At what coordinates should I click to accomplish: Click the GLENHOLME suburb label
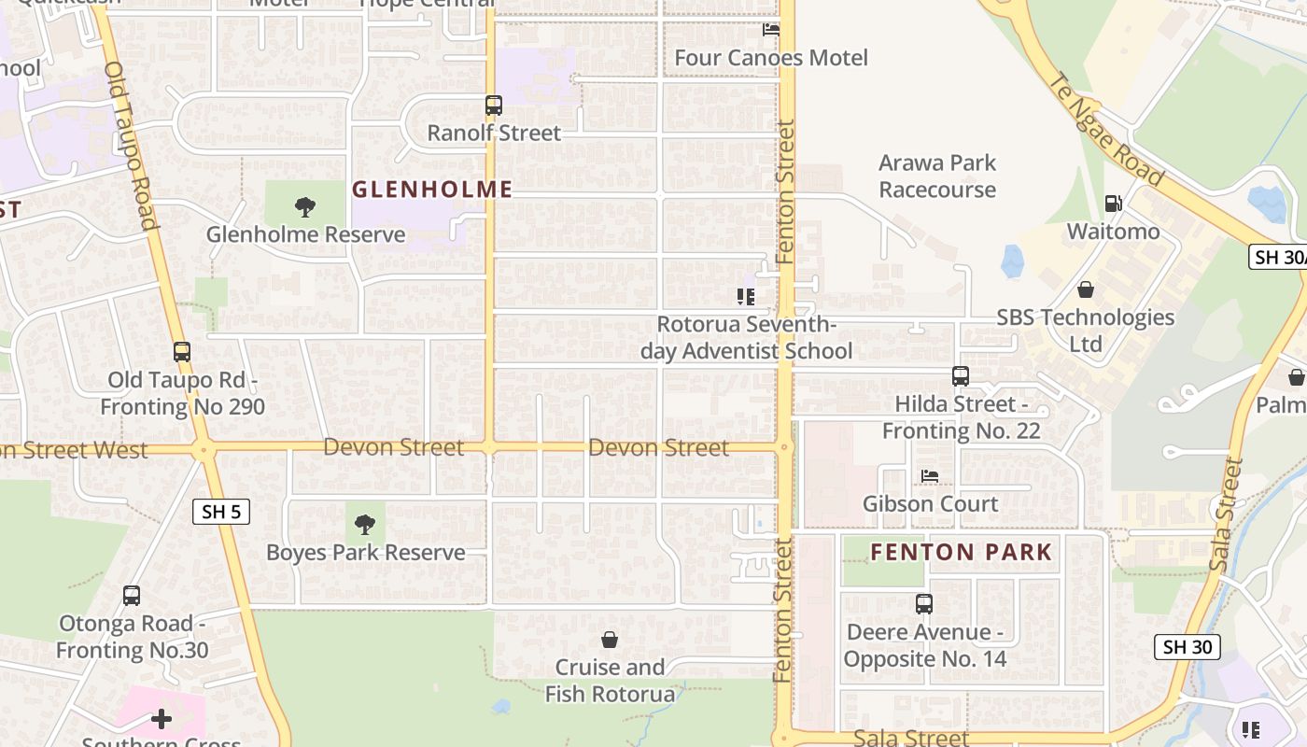coord(432,190)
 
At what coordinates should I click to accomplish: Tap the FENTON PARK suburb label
coord(962,552)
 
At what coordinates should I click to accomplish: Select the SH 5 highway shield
coord(221,512)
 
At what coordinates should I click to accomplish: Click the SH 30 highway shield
coord(1187,646)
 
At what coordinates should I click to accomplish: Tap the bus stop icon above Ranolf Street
coord(494,106)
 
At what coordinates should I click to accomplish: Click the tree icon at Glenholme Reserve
coord(304,206)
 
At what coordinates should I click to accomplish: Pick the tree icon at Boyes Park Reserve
coord(365,525)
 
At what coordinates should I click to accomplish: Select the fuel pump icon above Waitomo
coord(1113,203)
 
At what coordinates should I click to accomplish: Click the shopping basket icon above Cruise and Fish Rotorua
coord(610,640)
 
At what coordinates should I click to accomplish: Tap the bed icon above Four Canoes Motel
coord(771,30)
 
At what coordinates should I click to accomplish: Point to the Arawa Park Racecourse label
coord(937,176)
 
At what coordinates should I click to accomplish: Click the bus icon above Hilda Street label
coord(961,376)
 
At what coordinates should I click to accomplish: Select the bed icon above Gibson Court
coord(930,476)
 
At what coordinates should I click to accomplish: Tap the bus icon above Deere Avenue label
coord(924,604)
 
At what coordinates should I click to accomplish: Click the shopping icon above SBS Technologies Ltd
coord(1085,289)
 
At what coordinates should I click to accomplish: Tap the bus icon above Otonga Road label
coord(132,596)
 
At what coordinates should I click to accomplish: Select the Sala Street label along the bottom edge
coord(911,738)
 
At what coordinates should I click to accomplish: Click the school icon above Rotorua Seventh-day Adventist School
coord(745,297)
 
